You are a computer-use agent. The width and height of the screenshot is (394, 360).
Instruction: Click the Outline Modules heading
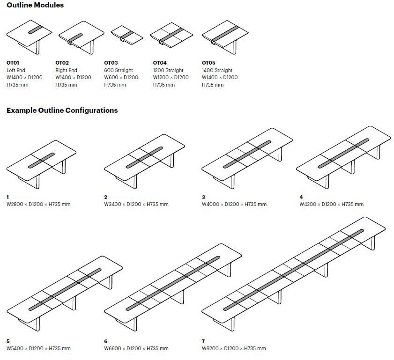pyautogui.click(x=35, y=5)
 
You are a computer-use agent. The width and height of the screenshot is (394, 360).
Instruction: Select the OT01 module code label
pyautogui.click(x=13, y=62)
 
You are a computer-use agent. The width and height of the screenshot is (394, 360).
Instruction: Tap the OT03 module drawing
pyautogui.click(x=127, y=35)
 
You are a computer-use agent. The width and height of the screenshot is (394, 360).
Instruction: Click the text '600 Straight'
pyautogui.click(x=118, y=70)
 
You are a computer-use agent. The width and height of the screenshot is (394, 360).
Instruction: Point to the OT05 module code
pyautogui.click(x=208, y=62)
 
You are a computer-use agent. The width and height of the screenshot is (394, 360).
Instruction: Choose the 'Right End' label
pyautogui.click(x=66, y=70)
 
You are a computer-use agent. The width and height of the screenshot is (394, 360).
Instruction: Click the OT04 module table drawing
pyautogui.click(x=171, y=35)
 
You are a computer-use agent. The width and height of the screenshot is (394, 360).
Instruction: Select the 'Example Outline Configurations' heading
pyautogui.click(x=62, y=110)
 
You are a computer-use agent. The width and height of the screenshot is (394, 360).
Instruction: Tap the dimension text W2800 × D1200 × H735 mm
pyautogui.click(x=38, y=204)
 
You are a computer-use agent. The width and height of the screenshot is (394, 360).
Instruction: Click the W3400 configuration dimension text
pyautogui.click(x=136, y=204)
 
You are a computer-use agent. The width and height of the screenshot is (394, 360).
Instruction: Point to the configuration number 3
pyautogui.click(x=203, y=198)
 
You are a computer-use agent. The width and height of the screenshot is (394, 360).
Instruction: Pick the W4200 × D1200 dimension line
pyautogui.click(x=331, y=204)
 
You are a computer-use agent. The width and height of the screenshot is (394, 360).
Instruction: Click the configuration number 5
pyautogui.click(x=8, y=342)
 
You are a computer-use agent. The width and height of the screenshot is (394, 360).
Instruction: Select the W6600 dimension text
pyautogui.click(x=136, y=348)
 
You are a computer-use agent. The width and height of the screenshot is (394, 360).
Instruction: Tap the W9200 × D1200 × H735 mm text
pyautogui.click(x=234, y=348)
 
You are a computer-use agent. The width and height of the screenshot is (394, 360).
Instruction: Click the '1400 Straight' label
pyautogui.click(x=217, y=70)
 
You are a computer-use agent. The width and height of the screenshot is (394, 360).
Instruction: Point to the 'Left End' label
pyautogui.click(x=16, y=70)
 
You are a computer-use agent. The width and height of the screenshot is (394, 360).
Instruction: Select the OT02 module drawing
pyautogui.click(x=81, y=36)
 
